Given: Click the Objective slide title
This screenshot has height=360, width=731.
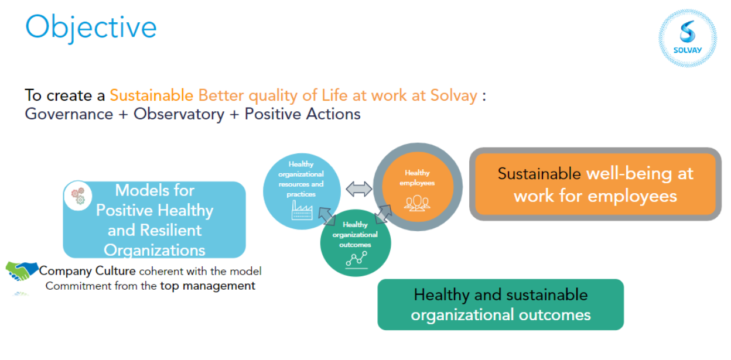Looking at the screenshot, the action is coord(91,28).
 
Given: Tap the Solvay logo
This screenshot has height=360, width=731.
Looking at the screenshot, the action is coord(688,38).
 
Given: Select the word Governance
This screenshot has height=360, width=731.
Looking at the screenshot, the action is coord(69,115).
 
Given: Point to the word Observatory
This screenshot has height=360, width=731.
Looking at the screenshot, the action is coord(179,115).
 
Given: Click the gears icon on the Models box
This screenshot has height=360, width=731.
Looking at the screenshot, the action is coord(78,196).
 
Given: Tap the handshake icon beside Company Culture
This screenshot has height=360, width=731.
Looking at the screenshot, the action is coord(22,271).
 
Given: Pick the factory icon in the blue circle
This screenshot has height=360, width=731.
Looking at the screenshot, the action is coord(302,210).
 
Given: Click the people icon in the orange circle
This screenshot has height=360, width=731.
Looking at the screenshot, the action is coord(417,203).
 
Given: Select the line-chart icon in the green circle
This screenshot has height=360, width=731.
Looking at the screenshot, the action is coord(356,260).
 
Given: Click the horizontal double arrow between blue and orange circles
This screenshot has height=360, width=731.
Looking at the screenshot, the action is coord(358,189).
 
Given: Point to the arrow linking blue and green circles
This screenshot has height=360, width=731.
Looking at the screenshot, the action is coord(327,216).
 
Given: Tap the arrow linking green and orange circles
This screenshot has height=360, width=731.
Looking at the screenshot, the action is coord(383,214).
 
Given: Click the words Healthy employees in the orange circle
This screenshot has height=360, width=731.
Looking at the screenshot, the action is coord(417,178).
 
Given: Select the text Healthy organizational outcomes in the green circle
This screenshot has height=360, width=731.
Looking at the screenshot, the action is coord(355,235).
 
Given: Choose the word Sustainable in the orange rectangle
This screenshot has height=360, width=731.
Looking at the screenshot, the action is coord(539,173).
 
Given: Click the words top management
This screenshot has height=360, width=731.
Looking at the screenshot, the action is coord(207,286).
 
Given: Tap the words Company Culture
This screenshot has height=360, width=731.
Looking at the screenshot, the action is coord(87,271).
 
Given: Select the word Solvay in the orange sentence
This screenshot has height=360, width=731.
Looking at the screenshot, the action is coord(453,95).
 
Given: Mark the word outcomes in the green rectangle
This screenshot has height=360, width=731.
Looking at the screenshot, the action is coord(555,315).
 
